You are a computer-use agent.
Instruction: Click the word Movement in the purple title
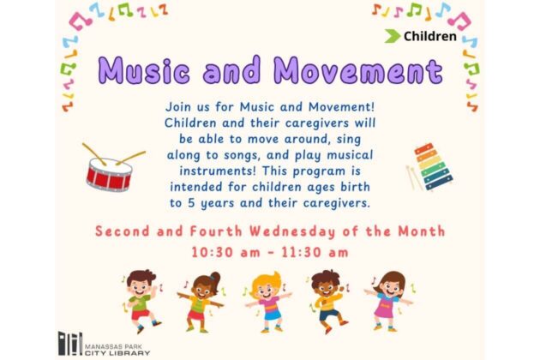pos(358,70)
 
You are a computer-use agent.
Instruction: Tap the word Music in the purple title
pos(144,70)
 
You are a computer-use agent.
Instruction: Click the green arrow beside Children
pos(393,36)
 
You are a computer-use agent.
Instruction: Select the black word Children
pos(430,36)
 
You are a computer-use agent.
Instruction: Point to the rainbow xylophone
pos(434,167)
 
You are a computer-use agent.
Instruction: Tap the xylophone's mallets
pos(414,177)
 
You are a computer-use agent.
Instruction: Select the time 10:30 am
pos(225,252)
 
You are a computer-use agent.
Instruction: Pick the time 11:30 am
pos(315,252)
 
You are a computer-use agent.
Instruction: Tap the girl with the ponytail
pos(201,302)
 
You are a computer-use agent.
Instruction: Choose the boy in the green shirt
pos(141,301)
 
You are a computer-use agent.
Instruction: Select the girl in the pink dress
pos(389,301)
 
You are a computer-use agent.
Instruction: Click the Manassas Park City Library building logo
pos(70,344)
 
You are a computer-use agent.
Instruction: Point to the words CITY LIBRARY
pos(117,353)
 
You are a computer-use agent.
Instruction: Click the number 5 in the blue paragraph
pos(191,203)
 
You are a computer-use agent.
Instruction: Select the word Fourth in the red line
pos(216,231)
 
